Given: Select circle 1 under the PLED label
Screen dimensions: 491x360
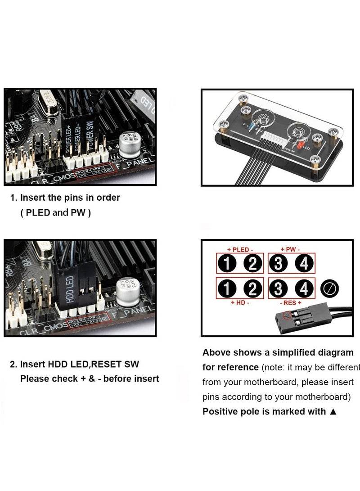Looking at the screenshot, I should pos(228,263).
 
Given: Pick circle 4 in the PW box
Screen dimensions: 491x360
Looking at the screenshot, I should pos(304,263).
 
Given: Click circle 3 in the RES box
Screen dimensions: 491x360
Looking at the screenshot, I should pos(279,288).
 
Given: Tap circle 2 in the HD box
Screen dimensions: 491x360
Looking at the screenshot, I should pos(252,288).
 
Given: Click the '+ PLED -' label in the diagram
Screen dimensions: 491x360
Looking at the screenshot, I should pos(240,249).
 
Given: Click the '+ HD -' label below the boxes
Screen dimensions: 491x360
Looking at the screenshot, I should pos(240,303).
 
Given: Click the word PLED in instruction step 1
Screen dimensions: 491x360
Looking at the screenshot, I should pos(38,213).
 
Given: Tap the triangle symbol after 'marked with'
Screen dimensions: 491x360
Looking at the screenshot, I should pos(333,411).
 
